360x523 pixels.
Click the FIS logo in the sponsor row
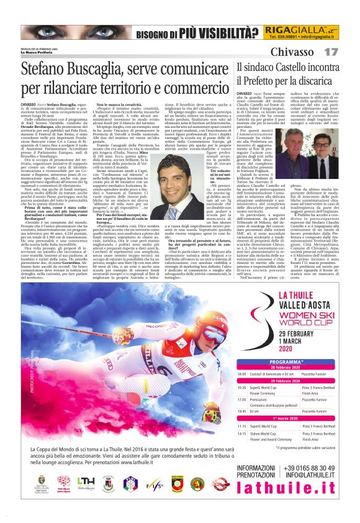coord(154,501)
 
